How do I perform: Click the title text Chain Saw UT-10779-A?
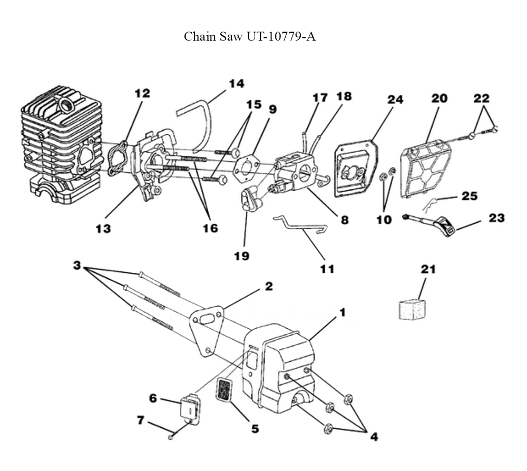250,37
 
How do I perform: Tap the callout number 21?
427,269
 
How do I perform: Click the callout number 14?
236,83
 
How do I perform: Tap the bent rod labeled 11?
300,224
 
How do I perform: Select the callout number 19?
242,256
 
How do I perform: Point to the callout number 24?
395,99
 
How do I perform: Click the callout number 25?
469,197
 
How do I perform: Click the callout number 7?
140,420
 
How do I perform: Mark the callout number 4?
374,437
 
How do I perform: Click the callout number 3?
76,266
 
